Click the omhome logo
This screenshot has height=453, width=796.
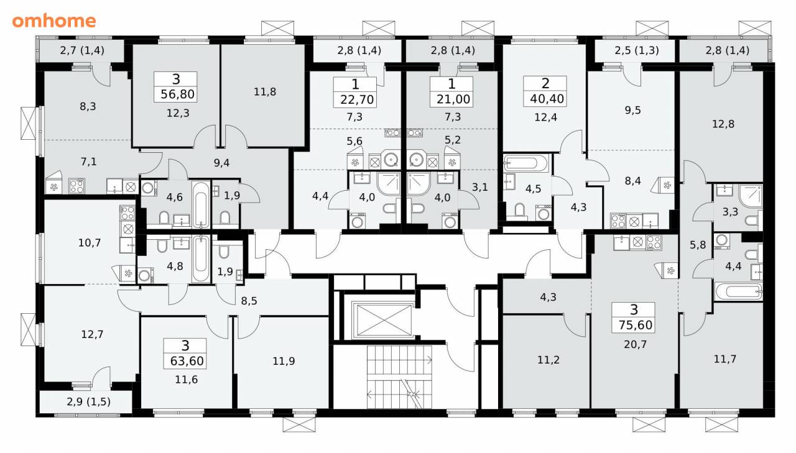pyautogui.click(x=54, y=21)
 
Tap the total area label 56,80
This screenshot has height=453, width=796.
pyautogui.click(x=177, y=94)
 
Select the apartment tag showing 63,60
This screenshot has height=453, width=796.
pyautogui.click(x=185, y=354)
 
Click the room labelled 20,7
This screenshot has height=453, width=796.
pyautogui.click(x=635, y=344)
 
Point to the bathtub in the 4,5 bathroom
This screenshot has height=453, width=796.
pyautogui.click(x=526, y=163)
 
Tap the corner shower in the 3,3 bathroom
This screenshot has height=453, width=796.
pyautogui.click(x=751, y=195)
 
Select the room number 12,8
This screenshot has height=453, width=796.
pyautogui.click(x=723, y=124)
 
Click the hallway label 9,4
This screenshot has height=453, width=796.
pyautogui.click(x=221, y=163)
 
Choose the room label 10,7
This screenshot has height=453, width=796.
pyautogui.click(x=89, y=243)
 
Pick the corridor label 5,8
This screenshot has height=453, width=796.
pyautogui.click(x=698, y=245)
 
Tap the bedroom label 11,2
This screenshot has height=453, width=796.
pyautogui.click(x=548, y=360)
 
